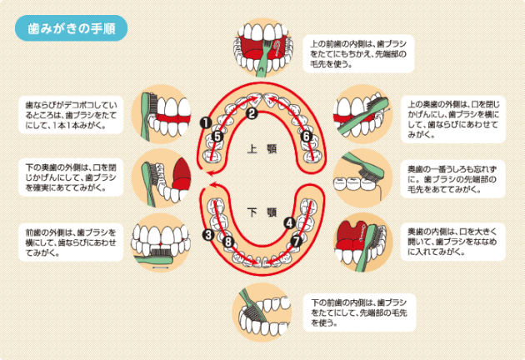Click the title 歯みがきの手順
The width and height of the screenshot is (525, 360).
click(x=72, y=27)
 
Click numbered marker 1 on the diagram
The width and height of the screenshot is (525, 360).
click(x=204, y=122)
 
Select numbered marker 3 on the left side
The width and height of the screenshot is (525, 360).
click(x=207, y=236)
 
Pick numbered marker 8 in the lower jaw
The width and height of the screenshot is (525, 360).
click(x=228, y=242)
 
